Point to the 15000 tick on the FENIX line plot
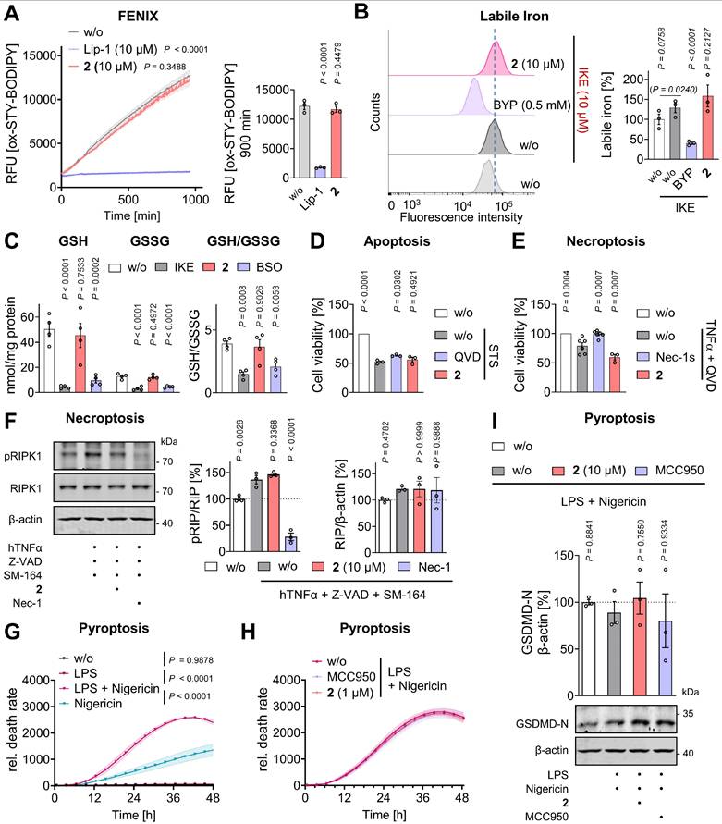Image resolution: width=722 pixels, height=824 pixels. coord(41,55)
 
